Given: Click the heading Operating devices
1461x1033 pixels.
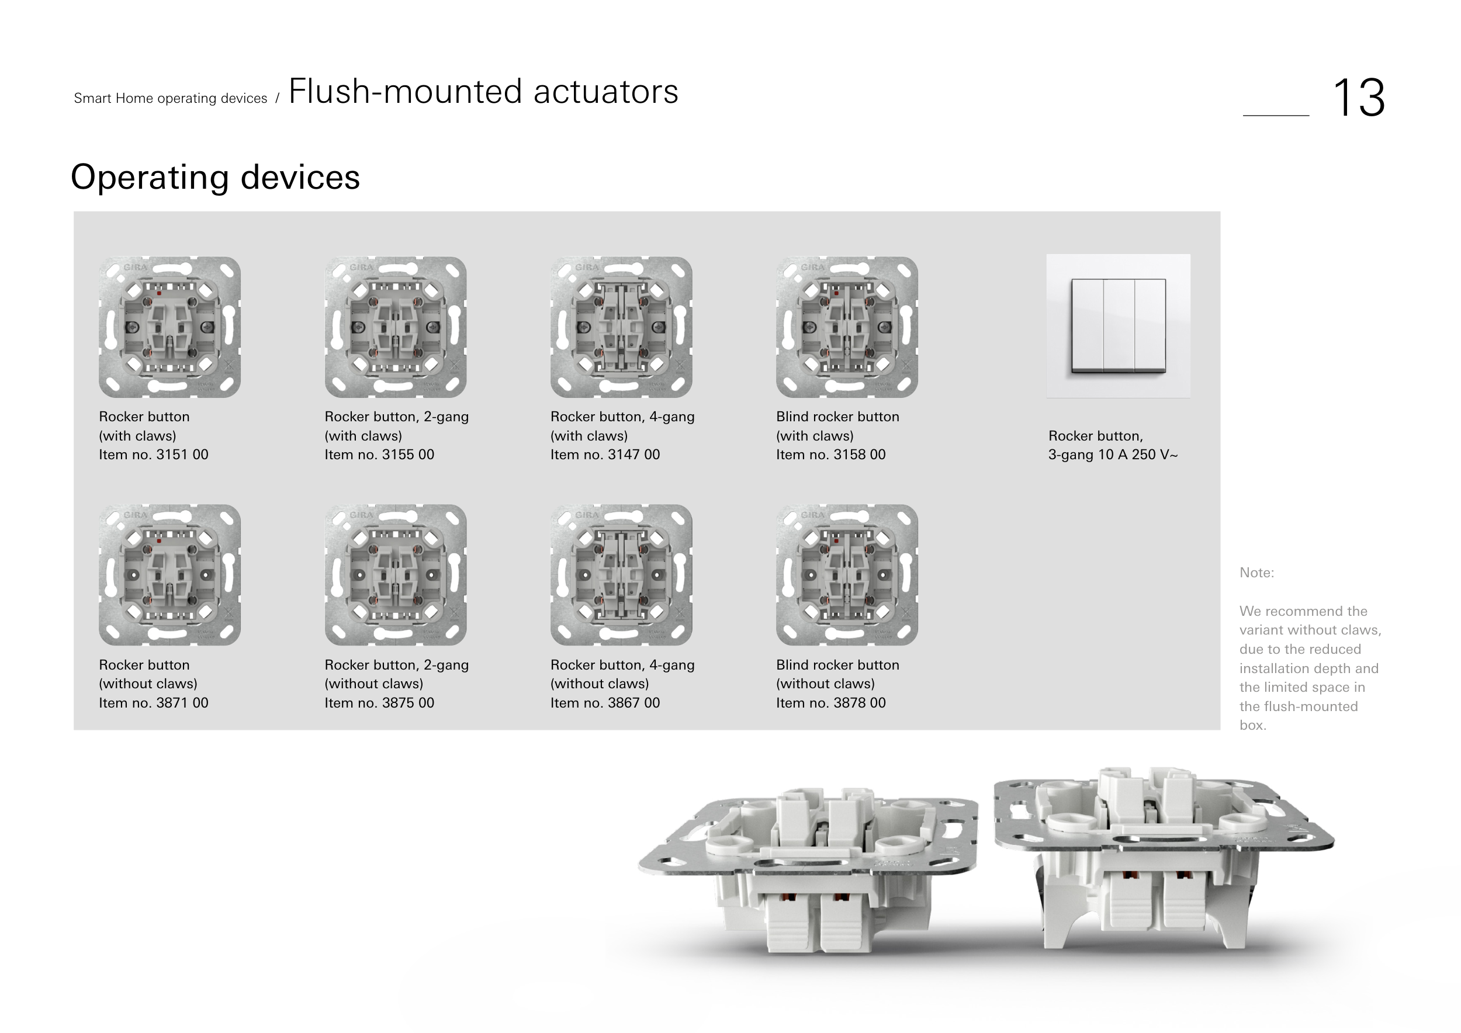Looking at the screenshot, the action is (215, 177).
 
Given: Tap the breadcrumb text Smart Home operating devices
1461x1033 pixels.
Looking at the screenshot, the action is (171, 99).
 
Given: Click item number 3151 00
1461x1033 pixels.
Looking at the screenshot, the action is (153, 455).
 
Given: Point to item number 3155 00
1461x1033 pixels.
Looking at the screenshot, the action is (379, 455).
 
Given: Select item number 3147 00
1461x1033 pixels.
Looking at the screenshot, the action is (605, 455).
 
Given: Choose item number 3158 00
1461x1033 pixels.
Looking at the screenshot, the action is (831, 455).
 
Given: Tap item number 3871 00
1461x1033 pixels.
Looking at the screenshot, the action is (153, 703).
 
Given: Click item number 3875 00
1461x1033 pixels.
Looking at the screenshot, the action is (379, 703).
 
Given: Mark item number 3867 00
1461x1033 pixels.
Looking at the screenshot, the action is (605, 703).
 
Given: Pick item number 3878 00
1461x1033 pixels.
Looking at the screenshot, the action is (831, 703).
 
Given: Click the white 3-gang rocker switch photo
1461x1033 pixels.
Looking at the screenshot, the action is (1119, 326).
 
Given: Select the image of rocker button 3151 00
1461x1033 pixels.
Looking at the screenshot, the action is (170, 327).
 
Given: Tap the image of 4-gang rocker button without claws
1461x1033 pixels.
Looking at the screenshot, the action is (622, 575).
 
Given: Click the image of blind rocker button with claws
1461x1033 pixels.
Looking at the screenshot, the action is (847, 327).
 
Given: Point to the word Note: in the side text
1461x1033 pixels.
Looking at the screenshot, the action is (1256, 573).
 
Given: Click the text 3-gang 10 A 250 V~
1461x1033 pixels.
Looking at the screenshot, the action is (1113, 455).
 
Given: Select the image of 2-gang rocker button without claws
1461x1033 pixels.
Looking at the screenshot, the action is (396, 575).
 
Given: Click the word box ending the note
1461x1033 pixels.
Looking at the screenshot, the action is (1252, 726).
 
